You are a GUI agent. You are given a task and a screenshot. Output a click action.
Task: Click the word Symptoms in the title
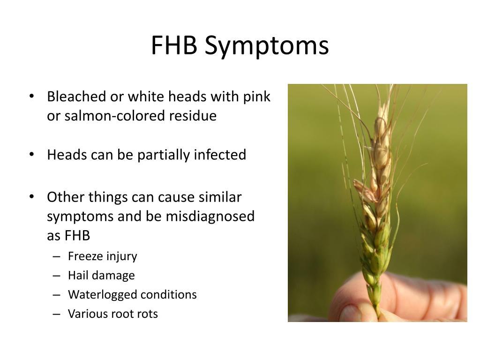point(267,46)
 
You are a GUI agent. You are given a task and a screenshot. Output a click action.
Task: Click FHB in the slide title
point(174,45)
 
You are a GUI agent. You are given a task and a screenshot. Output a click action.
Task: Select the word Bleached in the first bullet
point(76,97)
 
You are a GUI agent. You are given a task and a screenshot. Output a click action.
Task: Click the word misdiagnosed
point(210,217)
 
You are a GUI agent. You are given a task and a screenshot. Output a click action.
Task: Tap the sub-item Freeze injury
point(103,256)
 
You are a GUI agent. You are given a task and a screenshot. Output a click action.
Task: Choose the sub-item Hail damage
point(101,276)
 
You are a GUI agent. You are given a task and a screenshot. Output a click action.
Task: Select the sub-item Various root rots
point(113,314)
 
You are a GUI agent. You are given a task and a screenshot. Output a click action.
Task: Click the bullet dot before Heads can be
point(31,155)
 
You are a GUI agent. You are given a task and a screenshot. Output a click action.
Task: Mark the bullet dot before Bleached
point(31,97)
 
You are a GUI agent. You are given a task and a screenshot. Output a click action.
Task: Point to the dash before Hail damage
point(56,276)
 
